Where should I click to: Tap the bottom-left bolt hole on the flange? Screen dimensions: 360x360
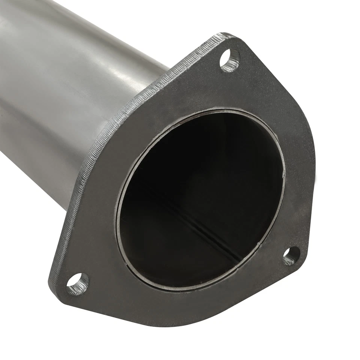[x=78, y=284]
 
